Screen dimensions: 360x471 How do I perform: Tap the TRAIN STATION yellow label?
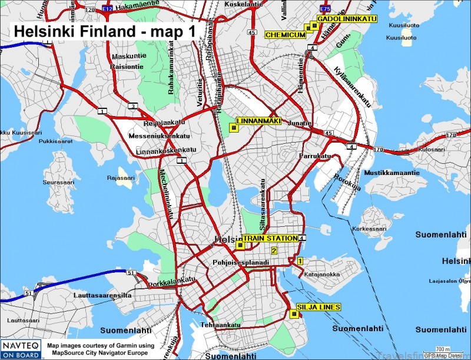[270, 238]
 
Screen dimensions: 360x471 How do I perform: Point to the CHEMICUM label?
[285, 35]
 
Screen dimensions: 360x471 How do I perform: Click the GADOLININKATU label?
[346, 19]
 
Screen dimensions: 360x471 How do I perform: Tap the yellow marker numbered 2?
[274, 250]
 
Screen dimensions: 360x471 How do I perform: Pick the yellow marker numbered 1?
[300, 260]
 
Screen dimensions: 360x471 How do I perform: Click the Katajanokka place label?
[320, 274]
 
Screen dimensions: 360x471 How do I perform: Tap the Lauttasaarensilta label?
[102, 294]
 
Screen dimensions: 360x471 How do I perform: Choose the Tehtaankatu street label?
[221, 325]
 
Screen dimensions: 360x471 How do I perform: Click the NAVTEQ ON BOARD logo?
[21, 348]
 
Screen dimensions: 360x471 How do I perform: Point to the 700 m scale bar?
[443, 351]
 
